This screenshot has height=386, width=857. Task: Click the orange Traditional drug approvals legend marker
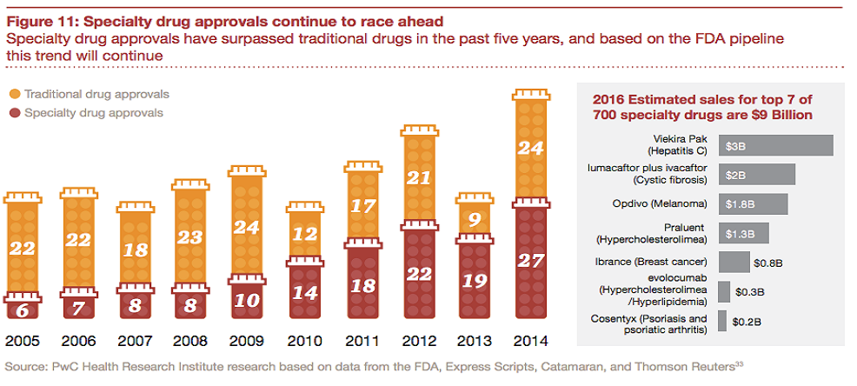click(x=15, y=94)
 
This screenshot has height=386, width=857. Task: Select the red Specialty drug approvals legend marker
click(x=15, y=113)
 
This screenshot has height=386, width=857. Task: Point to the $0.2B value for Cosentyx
click(x=747, y=321)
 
